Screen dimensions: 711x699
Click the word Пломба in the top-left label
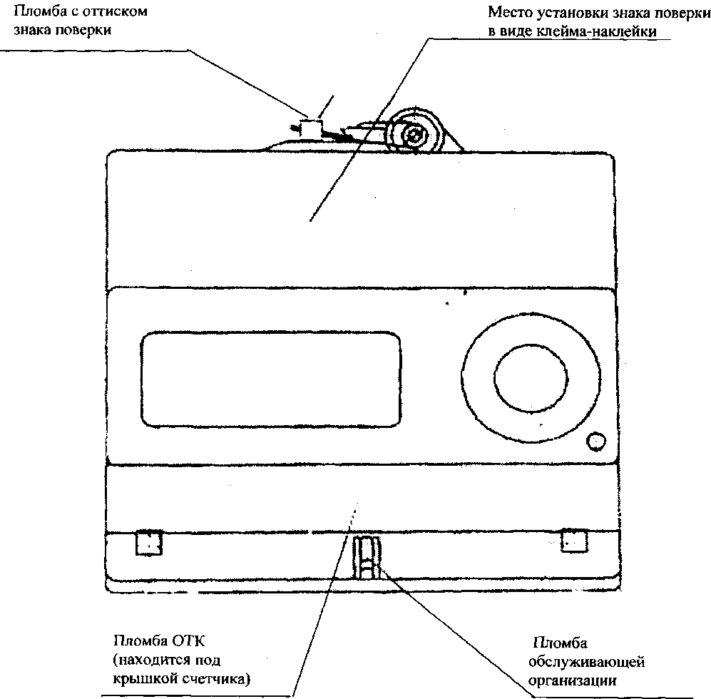click(38, 11)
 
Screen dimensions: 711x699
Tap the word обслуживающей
click(587, 662)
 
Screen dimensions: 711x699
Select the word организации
click(573, 680)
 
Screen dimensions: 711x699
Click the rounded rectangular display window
click(271, 379)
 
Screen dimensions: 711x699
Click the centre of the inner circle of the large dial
click(531, 377)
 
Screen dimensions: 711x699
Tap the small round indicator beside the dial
click(595, 441)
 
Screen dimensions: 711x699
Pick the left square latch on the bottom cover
click(149, 542)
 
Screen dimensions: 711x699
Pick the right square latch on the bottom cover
click(575, 541)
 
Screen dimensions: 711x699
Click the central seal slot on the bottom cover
click(367, 557)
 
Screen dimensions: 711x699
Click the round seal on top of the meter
click(414, 133)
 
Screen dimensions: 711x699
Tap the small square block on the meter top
click(312, 128)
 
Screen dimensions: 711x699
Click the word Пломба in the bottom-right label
click(561, 643)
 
